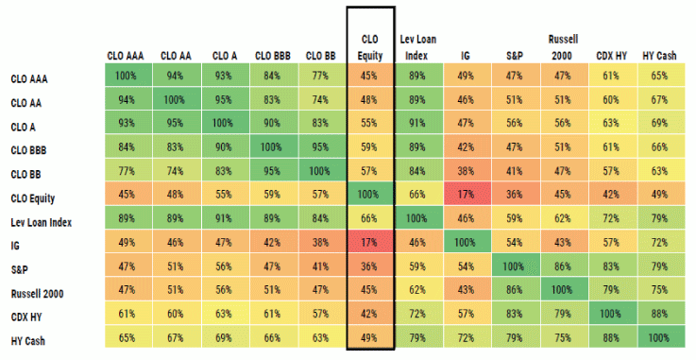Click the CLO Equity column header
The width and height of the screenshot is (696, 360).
click(x=370, y=46)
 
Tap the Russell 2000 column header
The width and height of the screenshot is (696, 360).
click(x=563, y=46)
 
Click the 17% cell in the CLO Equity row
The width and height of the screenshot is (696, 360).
click(x=465, y=197)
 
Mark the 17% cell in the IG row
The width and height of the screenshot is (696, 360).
click(x=370, y=245)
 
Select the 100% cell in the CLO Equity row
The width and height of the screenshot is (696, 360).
click(x=370, y=197)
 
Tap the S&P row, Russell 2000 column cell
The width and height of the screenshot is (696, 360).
click(x=563, y=269)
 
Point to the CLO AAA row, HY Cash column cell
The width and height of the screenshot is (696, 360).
click(x=659, y=76)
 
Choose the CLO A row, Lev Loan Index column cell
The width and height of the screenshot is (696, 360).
click(x=416, y=124)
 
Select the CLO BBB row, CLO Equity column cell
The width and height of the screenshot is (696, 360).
click(x=370, y=148)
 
